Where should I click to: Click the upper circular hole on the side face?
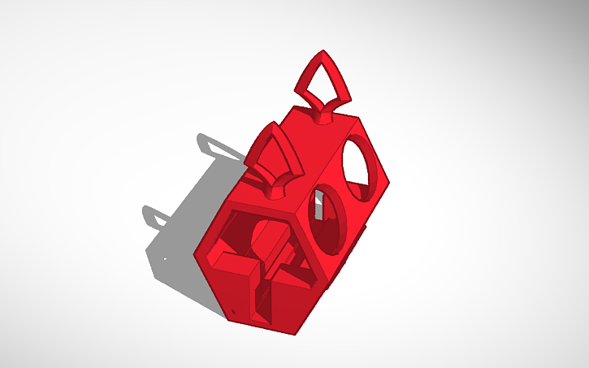362,167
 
